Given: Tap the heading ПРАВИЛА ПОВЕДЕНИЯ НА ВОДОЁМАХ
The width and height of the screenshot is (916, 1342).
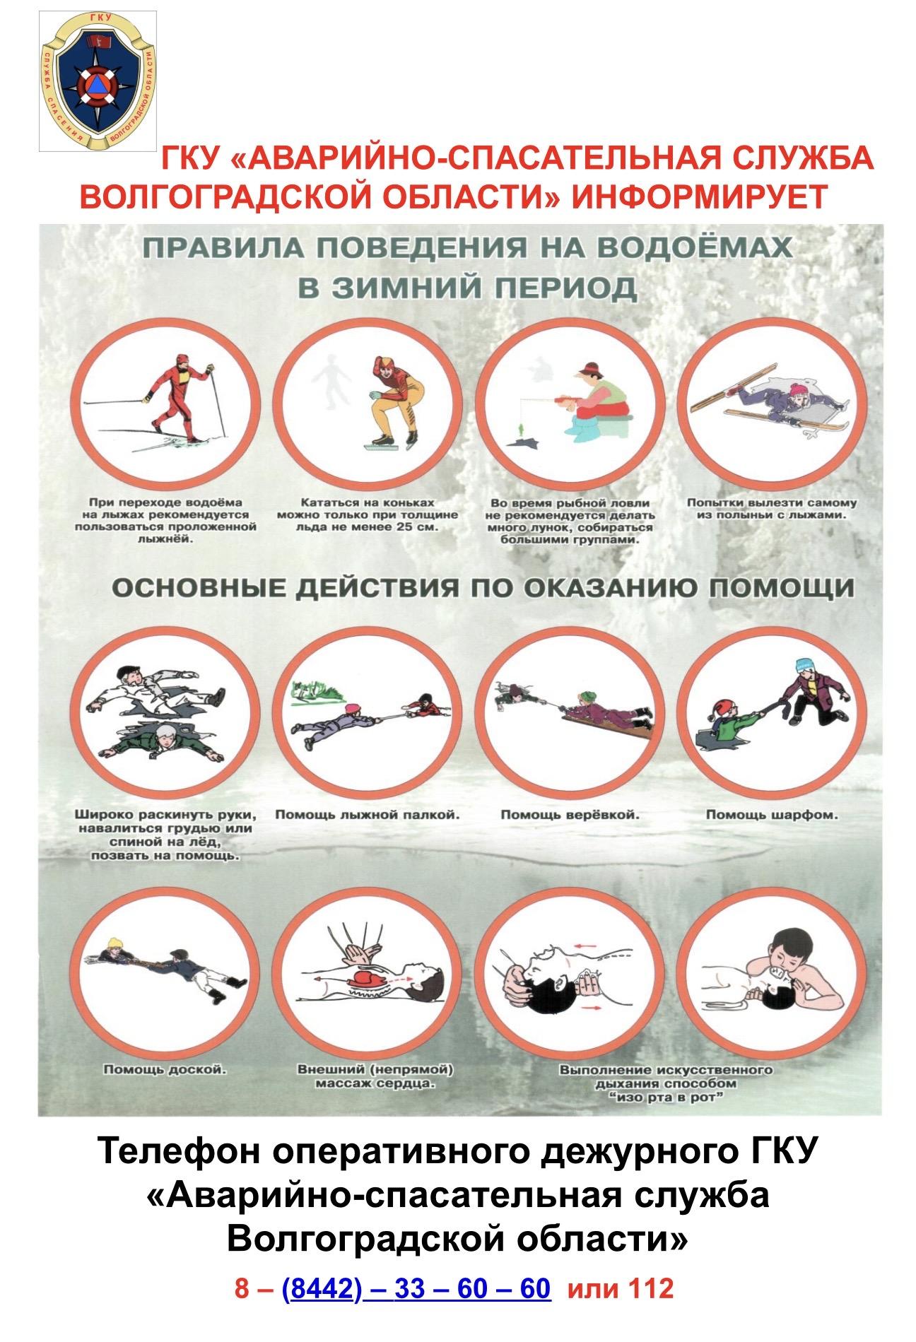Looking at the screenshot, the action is pyautogui.click(x=467, y=248).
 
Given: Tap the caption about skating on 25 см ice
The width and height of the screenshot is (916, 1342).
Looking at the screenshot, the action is pyautogui.click(x=368, y=514).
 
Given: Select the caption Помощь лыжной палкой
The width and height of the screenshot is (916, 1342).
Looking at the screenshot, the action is pyautogui.click(x=368, y=815).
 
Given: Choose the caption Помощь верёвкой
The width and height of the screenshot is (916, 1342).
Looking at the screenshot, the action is pyautogui.click(x=570, y=815).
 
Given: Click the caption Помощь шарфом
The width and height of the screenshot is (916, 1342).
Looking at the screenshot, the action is pyautogui.click(x=772, y=815).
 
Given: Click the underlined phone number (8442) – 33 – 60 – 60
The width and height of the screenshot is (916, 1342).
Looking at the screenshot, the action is pyautogui.click(x=416, y=1288).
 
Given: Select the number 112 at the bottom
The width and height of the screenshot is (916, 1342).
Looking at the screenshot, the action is pyautogui.click(x=650, y=1288).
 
